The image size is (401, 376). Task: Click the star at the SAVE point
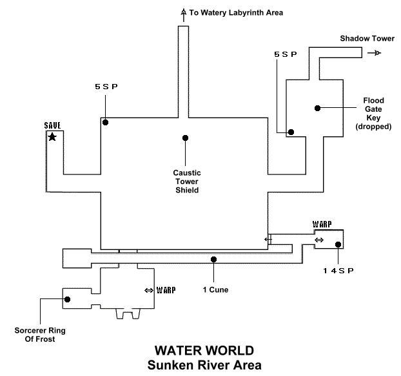(52, 136)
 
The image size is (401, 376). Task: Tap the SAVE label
(52, 125)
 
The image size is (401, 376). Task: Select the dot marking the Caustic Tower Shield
(185, 138)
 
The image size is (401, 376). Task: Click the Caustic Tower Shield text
(186, 182)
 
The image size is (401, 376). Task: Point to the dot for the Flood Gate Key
(317, 108)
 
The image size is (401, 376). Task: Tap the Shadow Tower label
(367, 39)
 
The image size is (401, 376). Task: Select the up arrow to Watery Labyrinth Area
(183, 12)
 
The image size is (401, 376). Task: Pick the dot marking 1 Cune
(213, 259)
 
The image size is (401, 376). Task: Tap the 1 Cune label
(215, 289)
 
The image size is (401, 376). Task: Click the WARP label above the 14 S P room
(322, 224)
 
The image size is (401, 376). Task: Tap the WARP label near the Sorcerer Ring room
(165, 290)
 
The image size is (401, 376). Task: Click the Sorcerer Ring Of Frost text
(40, 335)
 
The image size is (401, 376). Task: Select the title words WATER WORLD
(204, 351)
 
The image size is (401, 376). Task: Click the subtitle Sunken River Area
(204, 365)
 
